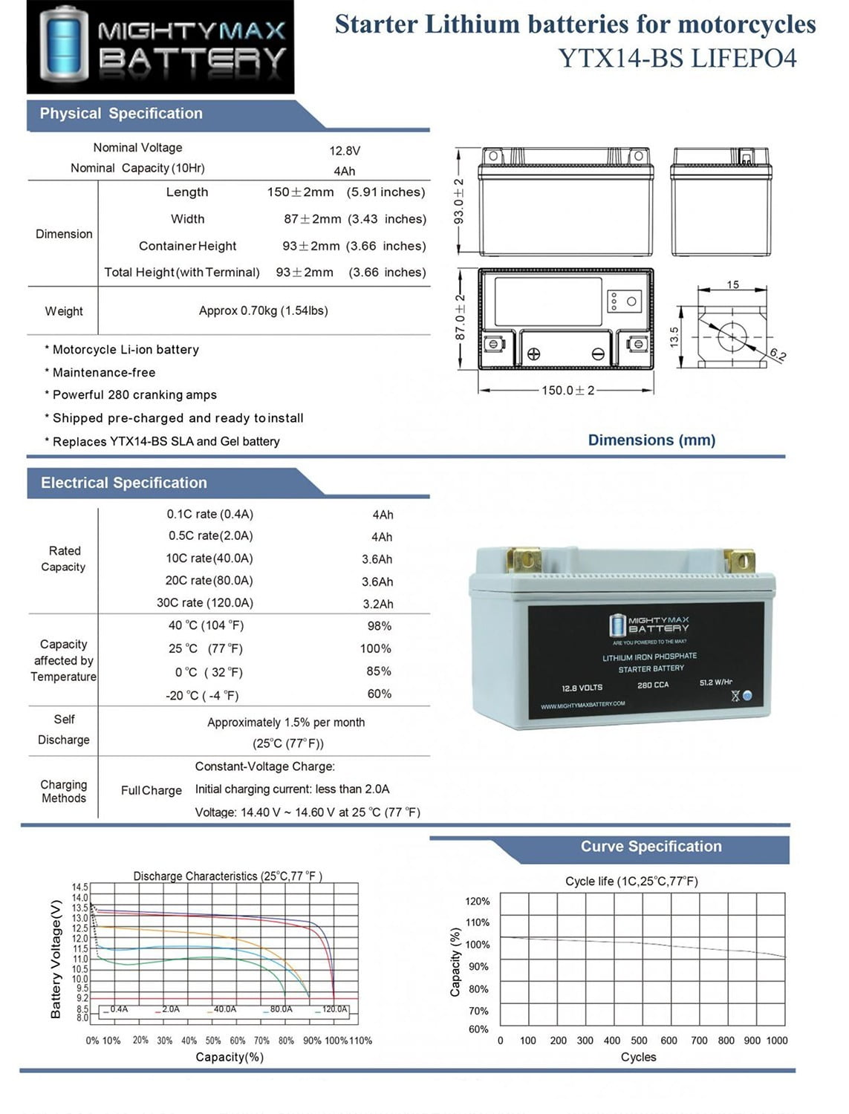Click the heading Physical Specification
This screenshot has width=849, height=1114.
(121, 114)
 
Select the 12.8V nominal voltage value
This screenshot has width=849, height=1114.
(345, 151)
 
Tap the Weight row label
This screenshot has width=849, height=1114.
(64, 311)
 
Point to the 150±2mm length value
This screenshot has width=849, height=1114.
(301, 192)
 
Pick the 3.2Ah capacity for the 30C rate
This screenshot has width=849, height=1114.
(378, 604)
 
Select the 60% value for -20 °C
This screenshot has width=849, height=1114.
(379, 694)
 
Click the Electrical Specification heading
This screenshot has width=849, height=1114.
(124, 483)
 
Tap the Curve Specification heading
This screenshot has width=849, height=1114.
(651, 847)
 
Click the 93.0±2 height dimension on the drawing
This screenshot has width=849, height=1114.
(459, 201)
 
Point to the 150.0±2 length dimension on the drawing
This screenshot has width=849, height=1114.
(567, 391)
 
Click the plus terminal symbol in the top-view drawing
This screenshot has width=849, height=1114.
(533, 354)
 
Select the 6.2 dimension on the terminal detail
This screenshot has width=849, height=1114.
(777, 354)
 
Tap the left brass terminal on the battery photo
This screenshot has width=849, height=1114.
(524, 558)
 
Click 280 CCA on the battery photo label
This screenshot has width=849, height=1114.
(653, 685)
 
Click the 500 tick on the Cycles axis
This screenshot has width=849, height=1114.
(639, 1040)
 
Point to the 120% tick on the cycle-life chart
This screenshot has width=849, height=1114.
(478, 902)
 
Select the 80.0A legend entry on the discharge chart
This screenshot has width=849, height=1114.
(281, 1009)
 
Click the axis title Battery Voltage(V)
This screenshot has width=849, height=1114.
(56, 959)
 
